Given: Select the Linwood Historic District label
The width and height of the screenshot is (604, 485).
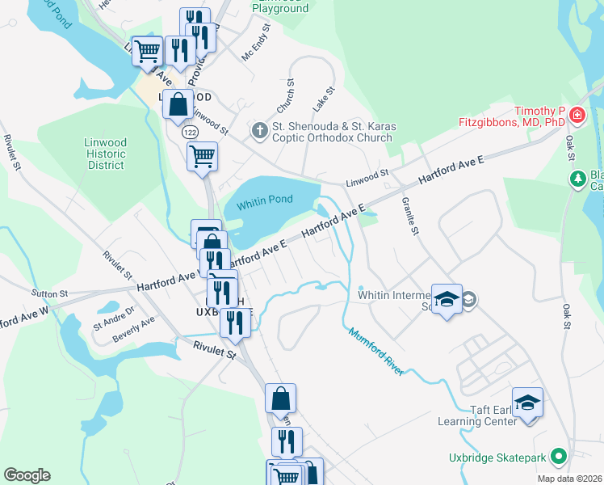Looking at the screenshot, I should [x=106, y=154].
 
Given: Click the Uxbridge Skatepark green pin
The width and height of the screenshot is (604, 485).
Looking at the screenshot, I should [x=557, y=458].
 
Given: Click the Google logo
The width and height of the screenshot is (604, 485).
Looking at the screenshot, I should [x=27, y=475].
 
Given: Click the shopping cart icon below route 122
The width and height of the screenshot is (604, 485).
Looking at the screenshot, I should [x=202, y=155].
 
